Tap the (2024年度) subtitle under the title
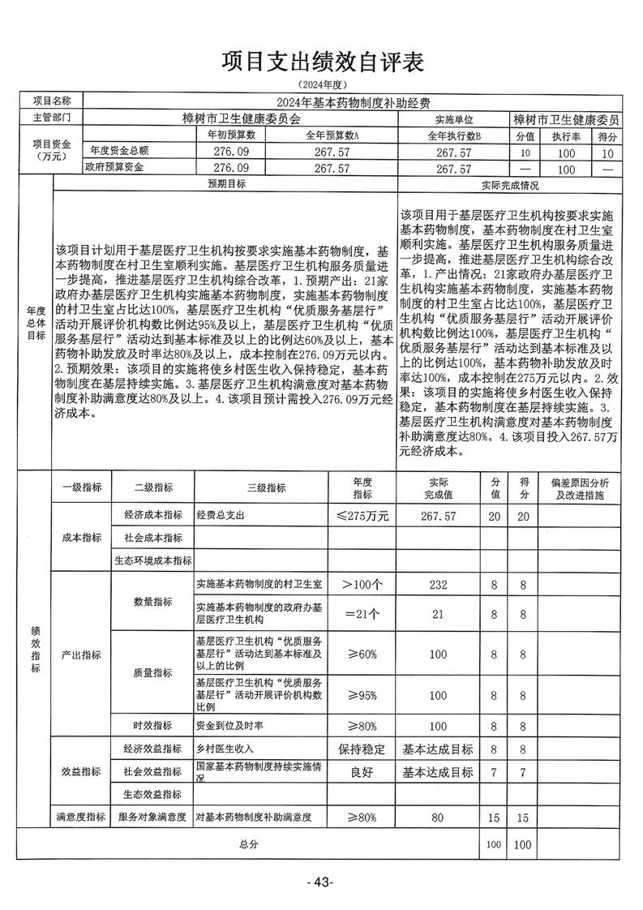point(322,84)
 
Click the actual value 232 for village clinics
point(439,584)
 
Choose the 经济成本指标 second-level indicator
point(152,515)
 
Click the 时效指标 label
point(152,724)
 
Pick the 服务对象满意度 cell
point(152,818)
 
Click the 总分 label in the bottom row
point(248,844)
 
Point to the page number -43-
point(322,882)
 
